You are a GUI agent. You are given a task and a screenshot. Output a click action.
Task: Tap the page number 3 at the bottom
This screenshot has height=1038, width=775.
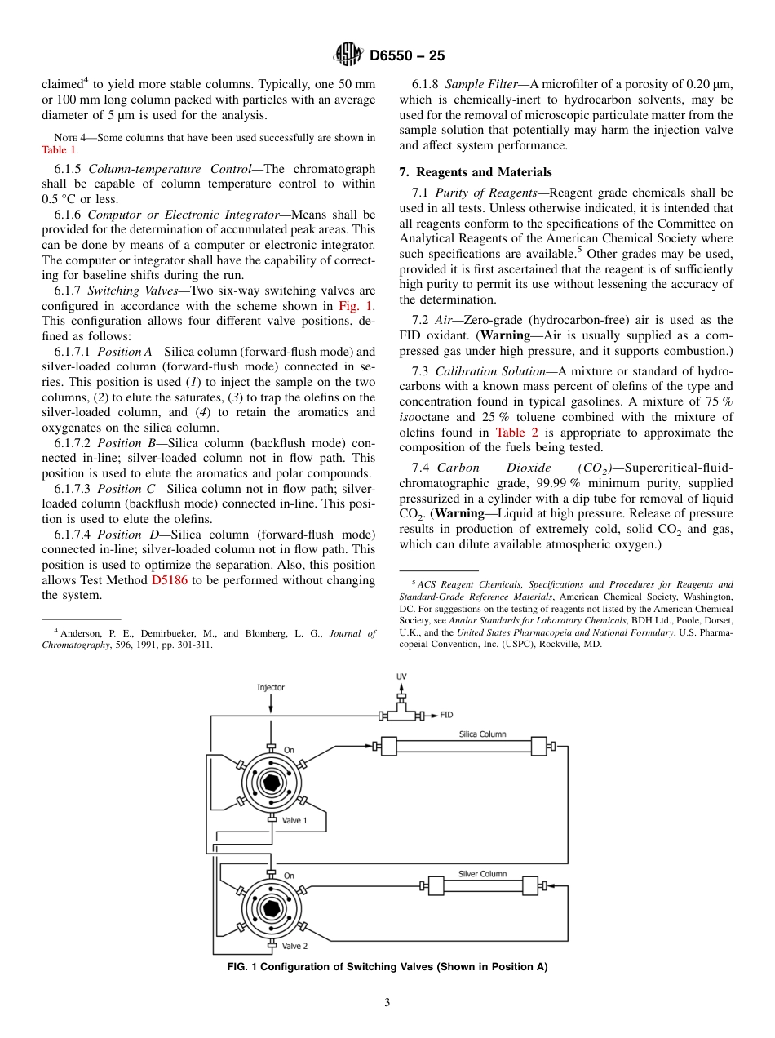pyautogui.click(x=387, y=1002)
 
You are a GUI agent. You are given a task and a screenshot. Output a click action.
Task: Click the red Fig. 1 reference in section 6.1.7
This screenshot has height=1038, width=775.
pyautogui.click(x=356, y=306)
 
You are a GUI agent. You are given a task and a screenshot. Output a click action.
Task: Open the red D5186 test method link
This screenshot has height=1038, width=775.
pyautogui.click(x=170, y=580)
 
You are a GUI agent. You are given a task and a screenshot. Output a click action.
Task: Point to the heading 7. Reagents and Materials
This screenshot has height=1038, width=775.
pyautogui.click(x=475, y=172)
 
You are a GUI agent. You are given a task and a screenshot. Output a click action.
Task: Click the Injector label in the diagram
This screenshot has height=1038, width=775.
pyautogui.click(x=271, y=687)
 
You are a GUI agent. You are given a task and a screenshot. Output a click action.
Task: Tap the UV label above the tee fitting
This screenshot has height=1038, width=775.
pyautogui.click(x=401, y=676)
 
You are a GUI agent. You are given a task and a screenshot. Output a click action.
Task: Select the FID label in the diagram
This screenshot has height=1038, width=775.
pyautogui.click(x=446, y=716)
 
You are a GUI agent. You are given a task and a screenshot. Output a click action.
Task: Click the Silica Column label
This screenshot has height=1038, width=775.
pyautogui.click(x=482, y=734)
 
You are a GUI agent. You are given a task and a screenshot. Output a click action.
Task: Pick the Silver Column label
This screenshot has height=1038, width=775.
pyautogui.click(x=482, y=873)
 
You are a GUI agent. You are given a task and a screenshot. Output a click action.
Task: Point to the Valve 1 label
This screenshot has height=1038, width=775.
pyautogui.click(x=294, y=820)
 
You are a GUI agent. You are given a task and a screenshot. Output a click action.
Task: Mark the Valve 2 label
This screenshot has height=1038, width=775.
pyautogui.click(x=294, y=946)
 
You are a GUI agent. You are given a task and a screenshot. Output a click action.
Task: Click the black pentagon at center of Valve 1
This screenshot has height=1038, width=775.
pyautogui.click(x=271, y=783)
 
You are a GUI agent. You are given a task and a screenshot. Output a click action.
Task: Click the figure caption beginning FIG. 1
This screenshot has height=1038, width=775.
pyautogui.click(x=387, y=967)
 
